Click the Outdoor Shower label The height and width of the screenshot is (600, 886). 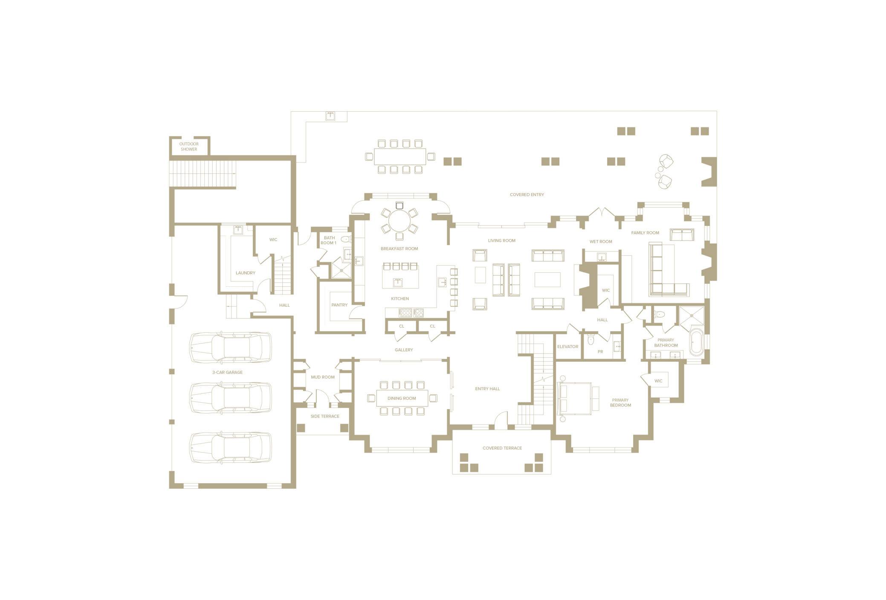[189, 147]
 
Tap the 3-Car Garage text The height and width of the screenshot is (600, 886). [228, 372]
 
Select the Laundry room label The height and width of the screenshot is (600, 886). [246, 273]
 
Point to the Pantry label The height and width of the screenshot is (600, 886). [339, 305]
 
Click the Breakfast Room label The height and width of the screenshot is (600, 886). [400, 249]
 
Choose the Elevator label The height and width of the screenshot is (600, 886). [568, 347]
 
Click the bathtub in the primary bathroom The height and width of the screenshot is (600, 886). [696, 341]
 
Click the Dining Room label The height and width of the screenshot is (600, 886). [402, 398]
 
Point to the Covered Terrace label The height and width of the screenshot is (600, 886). [502, 448]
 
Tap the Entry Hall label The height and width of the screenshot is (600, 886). [488, 389]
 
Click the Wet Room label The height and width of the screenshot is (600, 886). [601, 242]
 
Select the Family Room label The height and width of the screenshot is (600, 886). [645, 233]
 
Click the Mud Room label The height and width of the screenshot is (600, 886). [323, 378]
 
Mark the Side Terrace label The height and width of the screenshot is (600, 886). [325, 416]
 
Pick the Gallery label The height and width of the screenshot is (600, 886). [404, 350]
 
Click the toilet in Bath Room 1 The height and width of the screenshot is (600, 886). [345, 239]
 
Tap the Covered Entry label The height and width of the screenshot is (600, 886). [527, 195]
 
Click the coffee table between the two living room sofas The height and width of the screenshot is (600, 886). [547, 280]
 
